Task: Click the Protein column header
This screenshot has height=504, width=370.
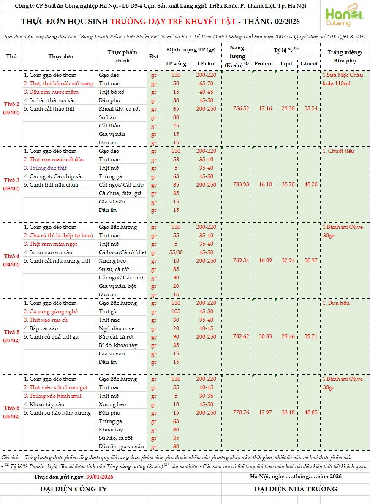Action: tap(263, 64)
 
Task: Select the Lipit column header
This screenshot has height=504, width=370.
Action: tap(286, 64)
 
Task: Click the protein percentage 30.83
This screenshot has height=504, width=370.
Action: tap(263, 336)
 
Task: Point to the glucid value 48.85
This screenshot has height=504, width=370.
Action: tap(309, 412)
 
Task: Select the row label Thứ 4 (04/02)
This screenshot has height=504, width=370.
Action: tap(12, 260)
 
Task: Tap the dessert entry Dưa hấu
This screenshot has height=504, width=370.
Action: tap(336, 303)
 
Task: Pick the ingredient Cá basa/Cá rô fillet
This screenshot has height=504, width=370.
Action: tap(122, 252)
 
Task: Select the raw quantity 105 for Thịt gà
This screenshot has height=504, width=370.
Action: tap(176, 312)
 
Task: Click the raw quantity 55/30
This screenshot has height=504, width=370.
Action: tap(176, 252)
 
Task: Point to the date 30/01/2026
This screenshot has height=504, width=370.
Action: tap(99, 477)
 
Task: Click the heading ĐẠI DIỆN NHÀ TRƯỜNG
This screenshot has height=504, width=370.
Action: tap(296, 489)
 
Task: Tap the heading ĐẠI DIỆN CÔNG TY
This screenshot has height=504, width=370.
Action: tap(73, 489)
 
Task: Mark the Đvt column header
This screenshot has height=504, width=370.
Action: tap(154, 57)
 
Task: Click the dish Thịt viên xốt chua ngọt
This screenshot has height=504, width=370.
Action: tap(56, 387)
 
